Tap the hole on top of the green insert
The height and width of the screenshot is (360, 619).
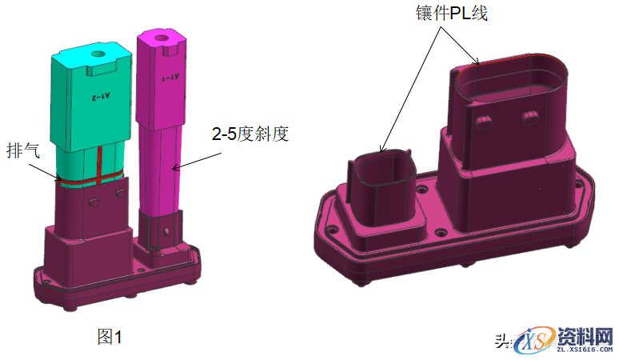[x=98, y=55]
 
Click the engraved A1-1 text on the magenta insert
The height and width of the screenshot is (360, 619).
[x=170, y=78]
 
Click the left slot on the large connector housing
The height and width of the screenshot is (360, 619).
[x=483, y=120]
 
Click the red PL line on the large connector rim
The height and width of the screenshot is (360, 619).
[x=512, y=56]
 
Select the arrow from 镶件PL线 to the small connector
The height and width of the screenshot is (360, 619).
[x=407, y=88]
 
